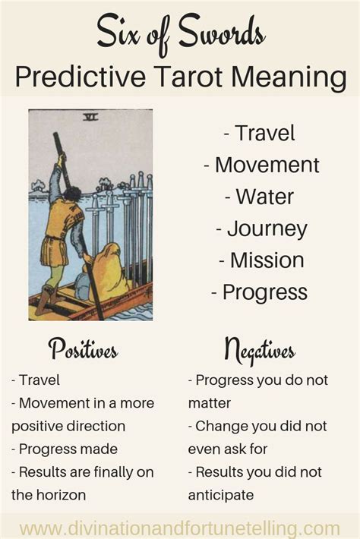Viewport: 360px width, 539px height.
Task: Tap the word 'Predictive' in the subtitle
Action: (81, 77)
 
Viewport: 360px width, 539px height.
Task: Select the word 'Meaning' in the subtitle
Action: (289, 77)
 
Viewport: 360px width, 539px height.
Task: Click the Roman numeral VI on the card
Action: (91, 118)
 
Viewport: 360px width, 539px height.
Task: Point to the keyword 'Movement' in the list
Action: (267, 165)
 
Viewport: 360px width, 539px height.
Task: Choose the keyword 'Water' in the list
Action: (264, 197)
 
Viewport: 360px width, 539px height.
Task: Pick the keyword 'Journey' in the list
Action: (267, 229)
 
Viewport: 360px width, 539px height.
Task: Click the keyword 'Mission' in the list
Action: (267, 260)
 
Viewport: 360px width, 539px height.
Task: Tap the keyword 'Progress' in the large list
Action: (265, 293)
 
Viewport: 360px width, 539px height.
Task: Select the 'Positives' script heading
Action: (84, 349)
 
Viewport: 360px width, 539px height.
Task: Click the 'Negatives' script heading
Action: (260, 351)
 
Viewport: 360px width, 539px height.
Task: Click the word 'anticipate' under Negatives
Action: (221, 496)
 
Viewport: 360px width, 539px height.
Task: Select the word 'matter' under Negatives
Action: (210, 403)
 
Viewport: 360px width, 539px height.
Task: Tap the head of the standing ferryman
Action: (73, 195)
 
